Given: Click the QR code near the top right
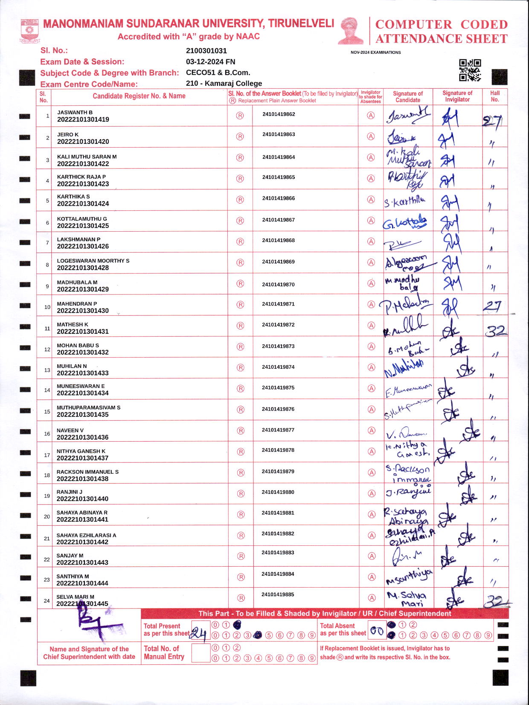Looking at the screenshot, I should coord(470,70).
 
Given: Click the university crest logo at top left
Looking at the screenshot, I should coord(29,30).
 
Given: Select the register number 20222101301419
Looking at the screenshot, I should coord(83,119).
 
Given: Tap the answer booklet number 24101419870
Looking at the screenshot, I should coord(278,284).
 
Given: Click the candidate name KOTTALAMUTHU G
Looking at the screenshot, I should coord(82,219).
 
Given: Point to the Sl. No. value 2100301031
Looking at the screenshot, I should coord(206,50).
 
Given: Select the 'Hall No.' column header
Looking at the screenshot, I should coord(494,96).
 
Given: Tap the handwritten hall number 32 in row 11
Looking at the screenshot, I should coord(496,330).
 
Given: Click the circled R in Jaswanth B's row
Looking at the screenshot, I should coord(240,116).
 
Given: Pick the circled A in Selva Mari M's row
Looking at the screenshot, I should coord(372,598).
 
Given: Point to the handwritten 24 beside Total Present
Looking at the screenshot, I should coord(199,634).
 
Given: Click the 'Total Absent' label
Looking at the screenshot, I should coord(337,626).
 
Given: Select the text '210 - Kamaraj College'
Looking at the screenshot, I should coord(224,83).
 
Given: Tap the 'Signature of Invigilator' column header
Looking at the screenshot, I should coord(457,96).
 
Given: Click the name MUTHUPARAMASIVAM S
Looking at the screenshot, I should coord(88,408).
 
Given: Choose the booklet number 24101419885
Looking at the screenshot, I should coord(278,594).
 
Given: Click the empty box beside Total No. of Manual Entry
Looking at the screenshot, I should coord(201,653).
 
